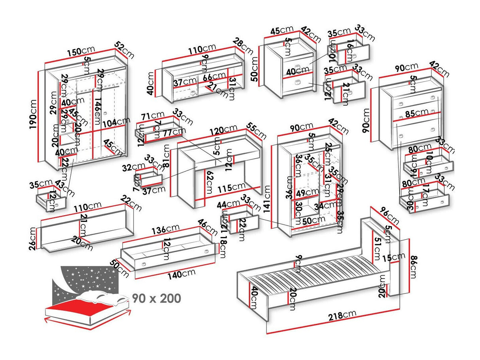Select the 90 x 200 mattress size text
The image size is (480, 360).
(x=156, y=298)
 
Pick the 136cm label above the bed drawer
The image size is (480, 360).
(x=166, y=230)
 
